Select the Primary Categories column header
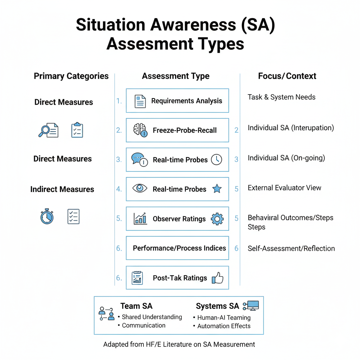[x=71, y=76]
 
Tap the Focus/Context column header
[x=287, y=76]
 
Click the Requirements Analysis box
[x=177, y=101]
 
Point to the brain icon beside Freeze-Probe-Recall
[x=140, y=130]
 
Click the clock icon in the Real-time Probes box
[x=217, y=160]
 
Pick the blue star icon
[x=217, y=189]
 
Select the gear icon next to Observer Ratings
[x=217, y=219]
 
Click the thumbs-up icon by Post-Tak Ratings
[x=218, y=278]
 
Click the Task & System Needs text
[x=281, y=97]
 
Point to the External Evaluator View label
[x=284, y=188]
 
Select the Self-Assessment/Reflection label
[x=291, y=249]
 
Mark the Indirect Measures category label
[x=62, y=189]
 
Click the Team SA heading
[x=136, y=306]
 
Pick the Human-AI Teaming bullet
[x=224, y=317]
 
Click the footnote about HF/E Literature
[x=179, y=344]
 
